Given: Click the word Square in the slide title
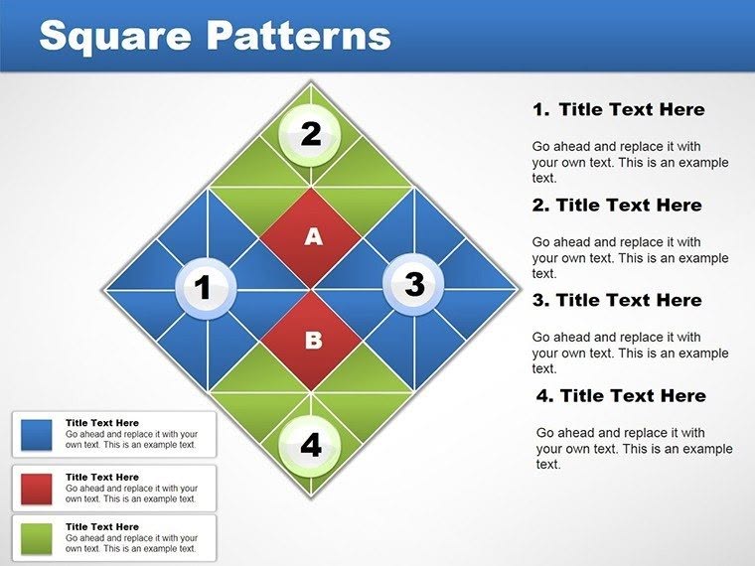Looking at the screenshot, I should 113,36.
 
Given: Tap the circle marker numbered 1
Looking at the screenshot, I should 205,289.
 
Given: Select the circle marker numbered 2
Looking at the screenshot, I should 311,134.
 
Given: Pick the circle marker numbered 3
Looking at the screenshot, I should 413,285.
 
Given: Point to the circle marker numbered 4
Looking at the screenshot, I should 311,444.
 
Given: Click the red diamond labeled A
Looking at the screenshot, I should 313,236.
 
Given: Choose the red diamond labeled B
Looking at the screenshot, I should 313,341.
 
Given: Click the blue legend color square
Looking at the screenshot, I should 37,434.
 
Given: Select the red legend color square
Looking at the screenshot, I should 37,488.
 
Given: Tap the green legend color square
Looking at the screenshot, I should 37,537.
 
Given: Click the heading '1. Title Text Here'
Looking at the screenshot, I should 619,109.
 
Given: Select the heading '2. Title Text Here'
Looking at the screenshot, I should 617,206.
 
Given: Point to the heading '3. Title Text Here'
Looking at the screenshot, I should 617,300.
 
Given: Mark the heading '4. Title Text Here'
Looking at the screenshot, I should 621,395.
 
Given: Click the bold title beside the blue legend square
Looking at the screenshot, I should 102,423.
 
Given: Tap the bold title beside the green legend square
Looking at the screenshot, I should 102,527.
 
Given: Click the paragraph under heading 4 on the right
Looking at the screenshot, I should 634,448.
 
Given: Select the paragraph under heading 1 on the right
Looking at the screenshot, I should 630,162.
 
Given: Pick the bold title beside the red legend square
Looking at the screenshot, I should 102,477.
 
